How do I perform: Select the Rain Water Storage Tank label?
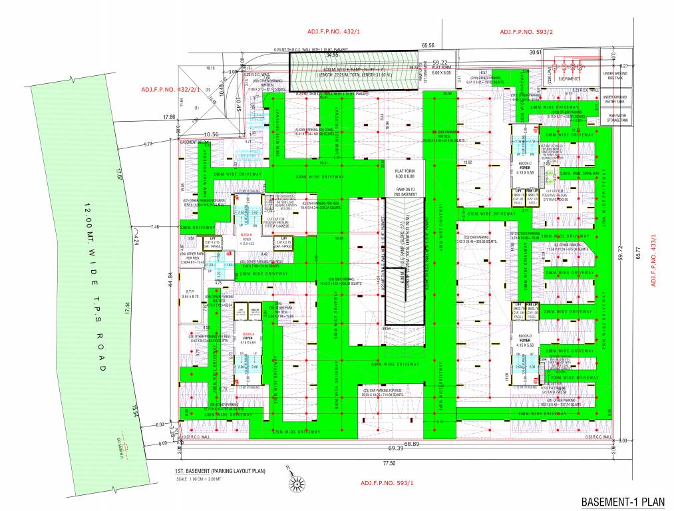pyautogui.click(x=613, y=117)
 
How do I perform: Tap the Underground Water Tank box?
pyautogui.click(x=613, y=99)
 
